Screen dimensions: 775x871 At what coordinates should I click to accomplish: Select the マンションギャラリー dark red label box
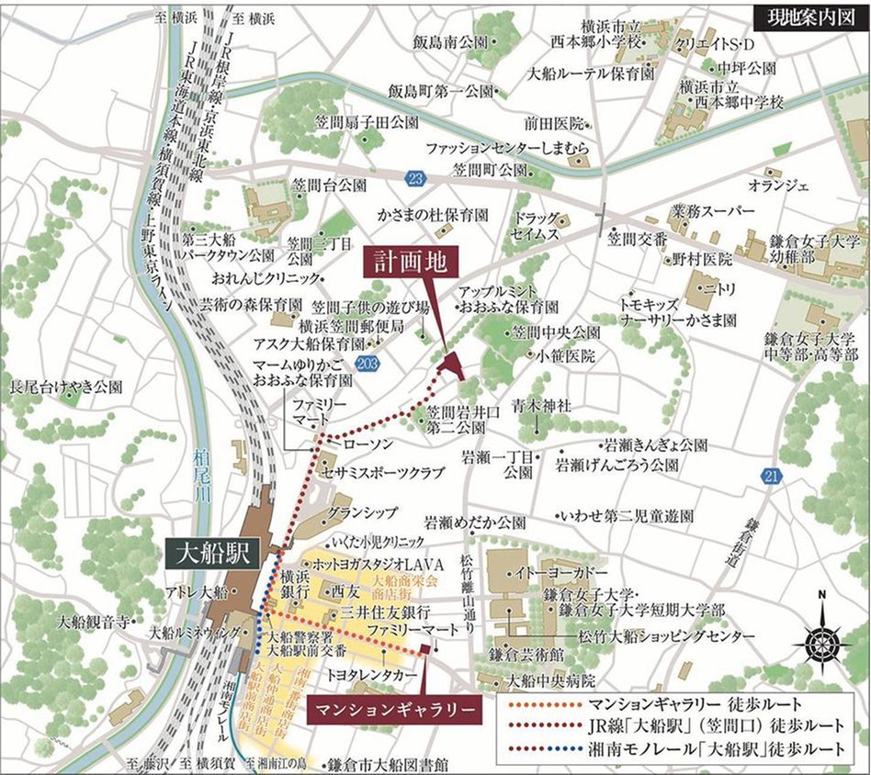click(x=394, y=709)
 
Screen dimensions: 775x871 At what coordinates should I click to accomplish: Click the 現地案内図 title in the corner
click(x=806, y=16)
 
